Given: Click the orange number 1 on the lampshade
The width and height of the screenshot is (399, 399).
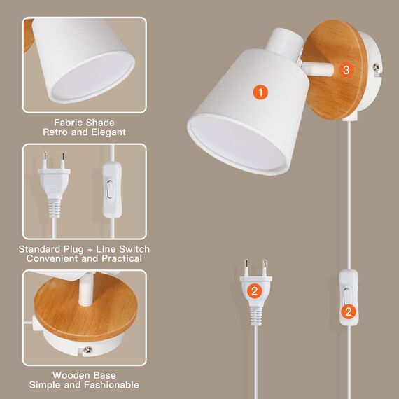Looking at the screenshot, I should pyautogui.click(x=260, y=92).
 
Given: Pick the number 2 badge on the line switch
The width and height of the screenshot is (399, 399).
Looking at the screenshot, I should pyautogui.click(x=347, y=312).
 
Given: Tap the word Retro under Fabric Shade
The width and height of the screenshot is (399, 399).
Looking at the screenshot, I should pyautogui.click(x=57, y=132).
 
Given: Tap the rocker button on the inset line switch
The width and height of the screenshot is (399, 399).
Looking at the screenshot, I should pyautogui.click(x=110, y=190).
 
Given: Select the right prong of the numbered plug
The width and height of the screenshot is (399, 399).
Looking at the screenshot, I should pyautogui.click(x=264, y=265).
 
